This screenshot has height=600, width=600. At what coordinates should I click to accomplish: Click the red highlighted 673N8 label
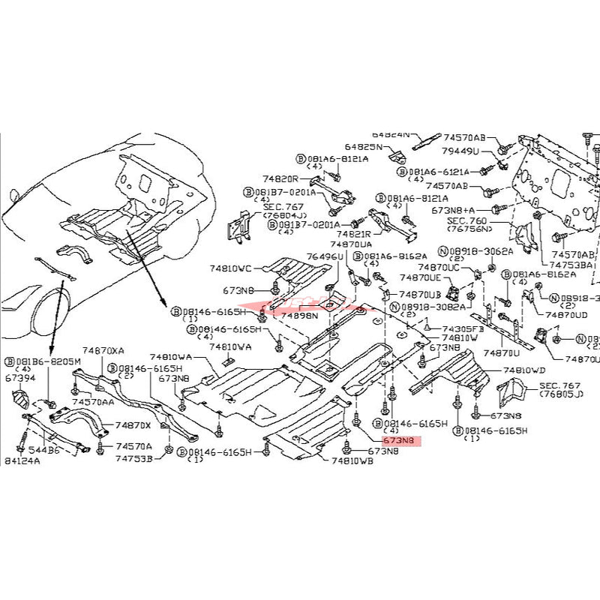(x=402, y=442)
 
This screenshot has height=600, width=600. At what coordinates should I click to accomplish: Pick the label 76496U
(x=324, y=256)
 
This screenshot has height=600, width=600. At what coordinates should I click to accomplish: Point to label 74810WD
(x=525, y=370)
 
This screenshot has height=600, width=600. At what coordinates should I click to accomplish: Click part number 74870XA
(x=103, y=350)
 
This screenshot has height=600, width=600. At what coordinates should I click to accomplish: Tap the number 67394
(x=21, y=378)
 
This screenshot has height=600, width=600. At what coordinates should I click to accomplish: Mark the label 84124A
(x=23, y=460)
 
